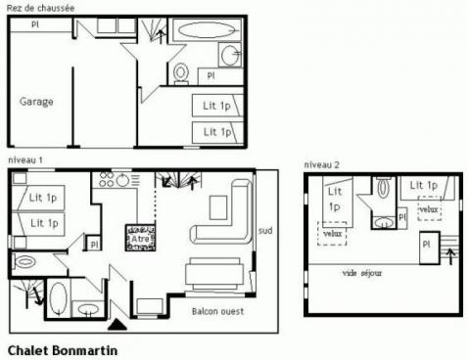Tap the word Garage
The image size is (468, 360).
(x=36, y=101)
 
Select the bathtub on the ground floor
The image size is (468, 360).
(x=207, y=30)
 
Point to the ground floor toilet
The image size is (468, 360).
(x=180, y=72)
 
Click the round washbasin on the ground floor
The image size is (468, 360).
(x=230, y=55)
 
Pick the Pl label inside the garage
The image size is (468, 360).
(x=35, y=23)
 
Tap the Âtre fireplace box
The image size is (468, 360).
(x=139, y=237)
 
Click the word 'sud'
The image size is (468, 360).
(x=265, y=232)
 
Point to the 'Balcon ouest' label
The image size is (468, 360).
(x=217, y=311)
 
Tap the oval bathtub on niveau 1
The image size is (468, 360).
(x=57, y=296)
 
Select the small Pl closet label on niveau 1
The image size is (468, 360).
(x=94, y=244)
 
